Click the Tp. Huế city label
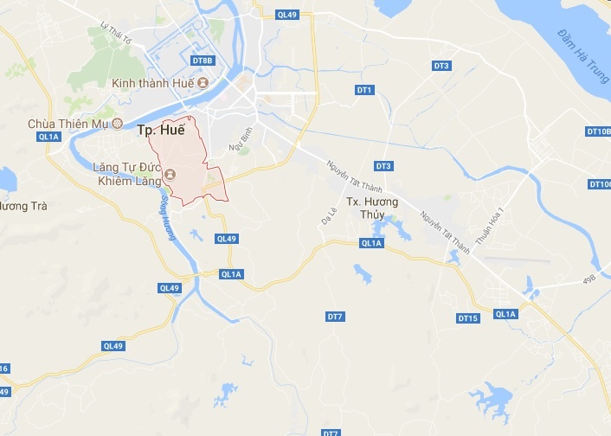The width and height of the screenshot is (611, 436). point(161,130)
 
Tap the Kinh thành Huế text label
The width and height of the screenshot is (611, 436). point(153,83)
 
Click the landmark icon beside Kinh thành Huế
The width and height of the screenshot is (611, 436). point(203,83)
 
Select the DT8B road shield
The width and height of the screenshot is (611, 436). point(202,61)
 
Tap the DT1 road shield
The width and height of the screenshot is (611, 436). point(364,90)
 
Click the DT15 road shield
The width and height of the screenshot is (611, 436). point(467,318)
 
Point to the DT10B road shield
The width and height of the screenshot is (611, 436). point(598,131)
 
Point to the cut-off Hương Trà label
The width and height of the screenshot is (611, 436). point(22,207)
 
